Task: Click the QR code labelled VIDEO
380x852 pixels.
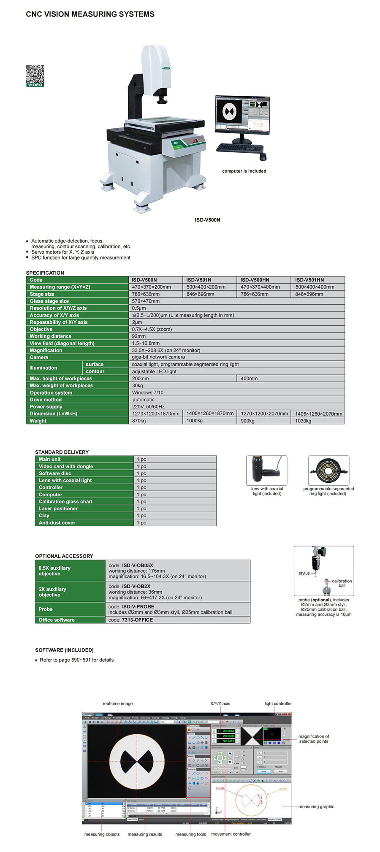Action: click(x=35, y=75)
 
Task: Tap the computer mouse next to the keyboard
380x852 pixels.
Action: click(x=263, y=157)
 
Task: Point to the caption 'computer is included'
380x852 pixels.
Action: click(x=244, y=171)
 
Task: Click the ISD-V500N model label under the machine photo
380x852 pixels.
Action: click(x=207, y=220)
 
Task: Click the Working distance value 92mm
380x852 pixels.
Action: click(x=139, y=336)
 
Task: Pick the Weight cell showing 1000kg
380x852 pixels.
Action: click(x=195, y=421)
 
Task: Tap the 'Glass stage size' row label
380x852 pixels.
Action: click(x=49, y=301)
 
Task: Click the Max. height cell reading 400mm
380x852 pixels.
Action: click(x=249, y=379)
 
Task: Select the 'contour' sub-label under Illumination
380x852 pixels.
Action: click(x=95, y=371)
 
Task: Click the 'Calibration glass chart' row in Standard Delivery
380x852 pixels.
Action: click(x=65, y=501)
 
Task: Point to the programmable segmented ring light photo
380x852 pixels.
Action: click(x=328, y=470)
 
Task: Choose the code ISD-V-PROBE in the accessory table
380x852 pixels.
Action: click(x=138, y=606)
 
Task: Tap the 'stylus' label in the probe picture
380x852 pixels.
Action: click(x=304, y=573)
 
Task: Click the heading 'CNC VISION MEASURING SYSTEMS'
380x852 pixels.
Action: click(x=90, y=14)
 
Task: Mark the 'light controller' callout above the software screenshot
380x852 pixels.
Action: click(x=278, y=703)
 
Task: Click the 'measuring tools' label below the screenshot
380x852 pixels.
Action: click(x=190, y=834)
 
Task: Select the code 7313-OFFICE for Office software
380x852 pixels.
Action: click(x=137, y=620)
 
